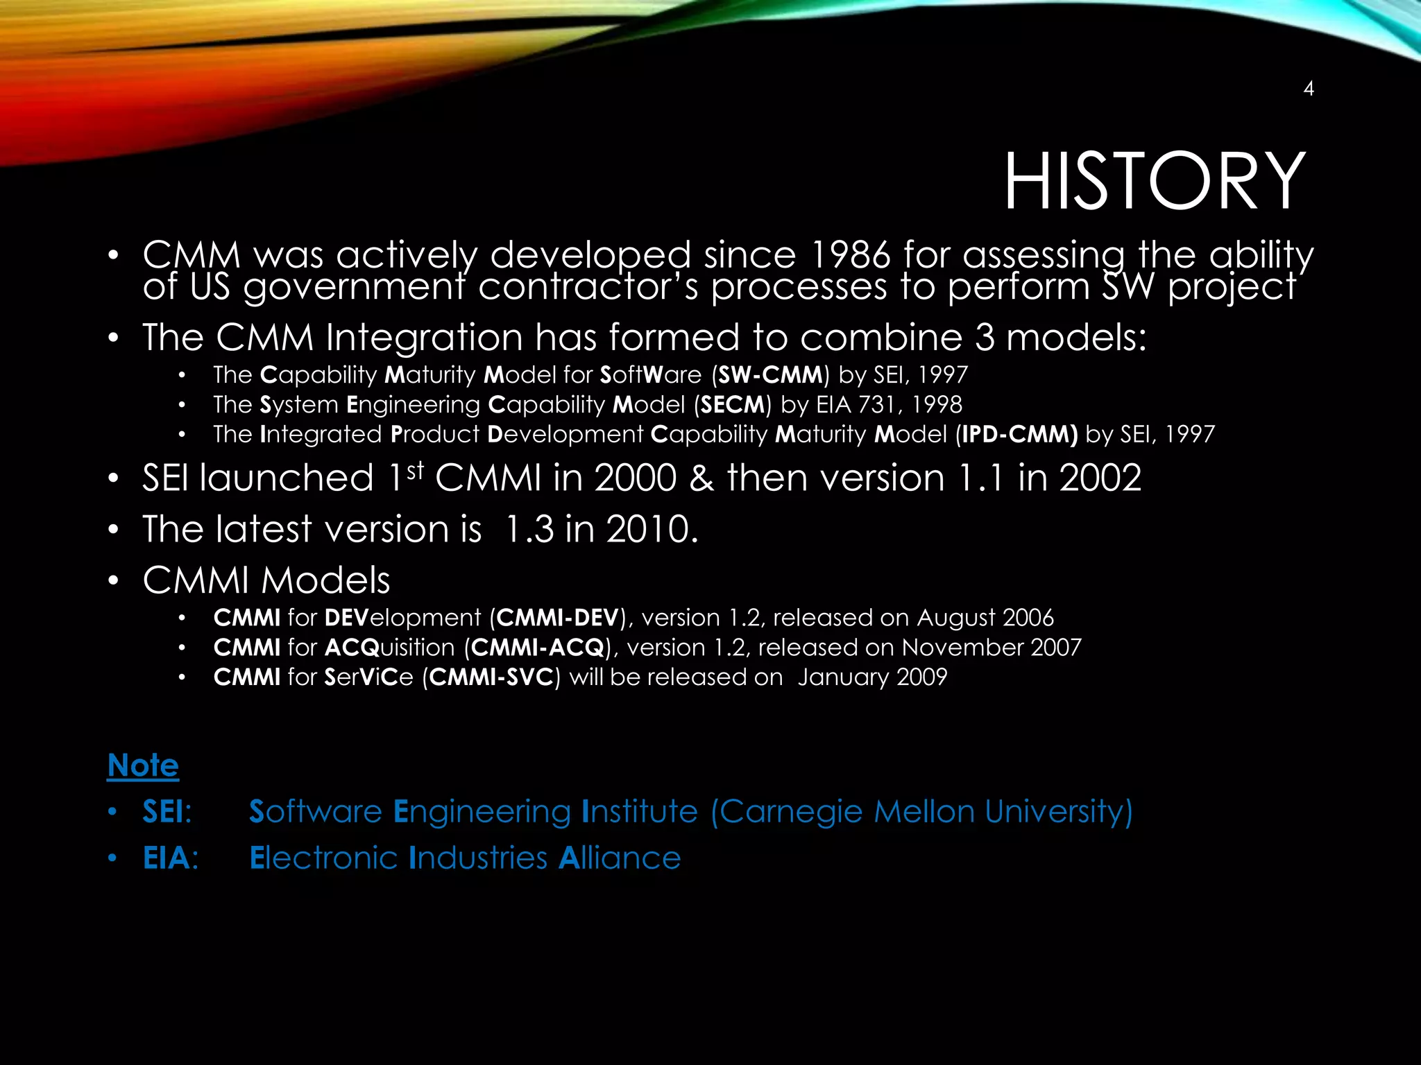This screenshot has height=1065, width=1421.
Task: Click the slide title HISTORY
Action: [1155, 182]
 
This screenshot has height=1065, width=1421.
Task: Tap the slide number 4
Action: [1308, 89]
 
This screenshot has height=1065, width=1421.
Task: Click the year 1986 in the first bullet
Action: [850, 254]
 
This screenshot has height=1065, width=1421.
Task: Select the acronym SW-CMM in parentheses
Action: [770, 375]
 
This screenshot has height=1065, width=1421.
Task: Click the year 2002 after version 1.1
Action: [1100, 478]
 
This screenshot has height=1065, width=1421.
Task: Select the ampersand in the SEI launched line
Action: [701, 478]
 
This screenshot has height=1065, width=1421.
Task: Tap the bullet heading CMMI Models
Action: [266, 580]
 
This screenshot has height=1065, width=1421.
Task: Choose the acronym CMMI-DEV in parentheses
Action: [557, 618]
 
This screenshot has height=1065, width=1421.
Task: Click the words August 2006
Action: [985, 618]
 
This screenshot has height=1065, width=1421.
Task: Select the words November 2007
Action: [991, 648]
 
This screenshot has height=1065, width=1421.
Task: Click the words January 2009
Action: [872, 677]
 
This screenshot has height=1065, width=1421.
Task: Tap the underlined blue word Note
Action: [143, 765]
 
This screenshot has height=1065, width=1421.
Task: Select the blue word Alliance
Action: [620, 858]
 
